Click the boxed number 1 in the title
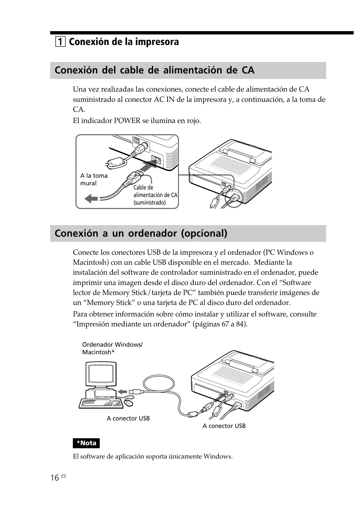(60, 41)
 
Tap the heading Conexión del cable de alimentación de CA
(154, 70)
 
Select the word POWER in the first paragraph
(127, 121)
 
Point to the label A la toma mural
(94, 179)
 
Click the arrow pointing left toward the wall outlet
(91, 199)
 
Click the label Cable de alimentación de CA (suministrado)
(155, 195)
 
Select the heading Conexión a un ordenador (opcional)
(141, 233)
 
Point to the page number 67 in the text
(225, 324)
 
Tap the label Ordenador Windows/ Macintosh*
(112, 348)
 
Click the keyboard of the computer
(101, 403)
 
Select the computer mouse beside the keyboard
(128, 403)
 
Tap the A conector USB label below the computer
(128, 418)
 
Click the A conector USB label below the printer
(224, 426)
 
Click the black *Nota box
(86, 443)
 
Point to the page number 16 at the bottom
(55, 478)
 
